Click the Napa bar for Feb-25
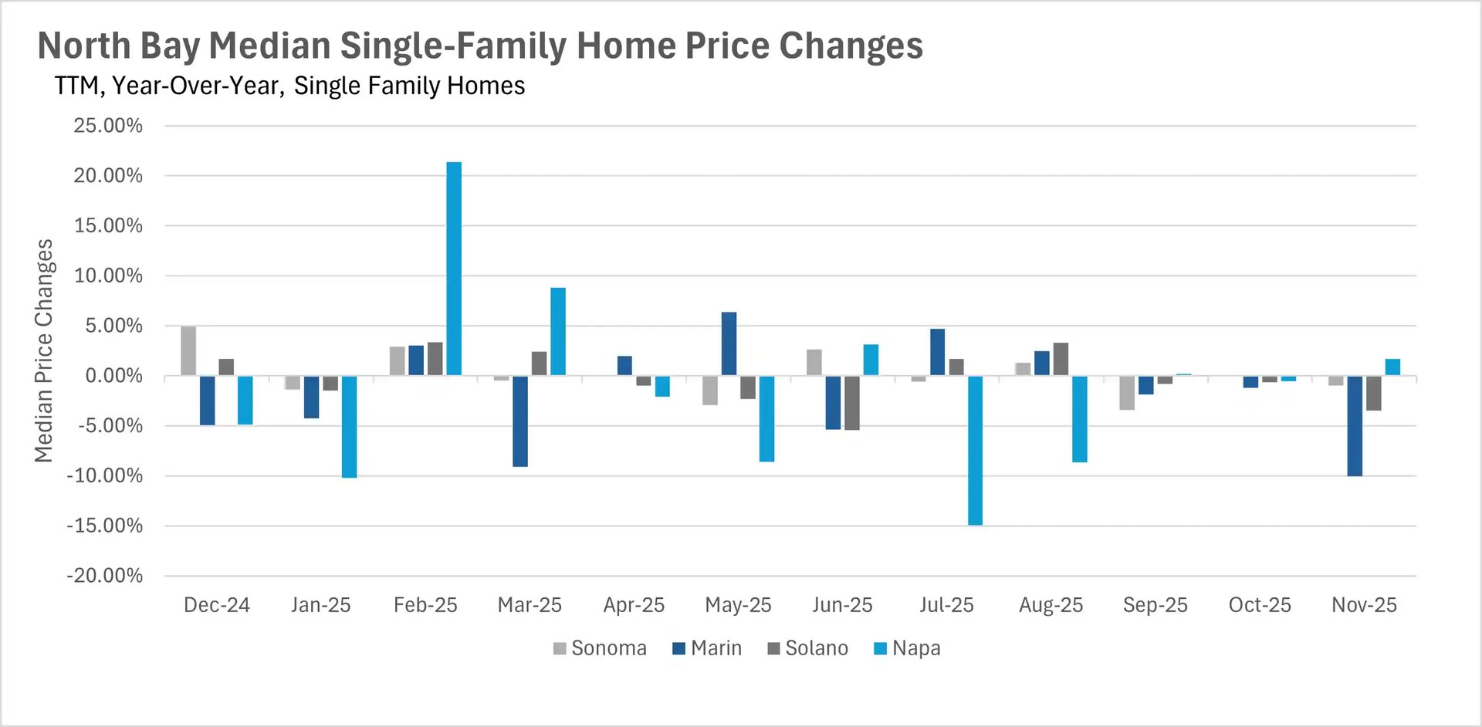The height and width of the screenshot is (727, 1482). (454, 269)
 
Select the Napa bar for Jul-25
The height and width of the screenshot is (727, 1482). (975, 450)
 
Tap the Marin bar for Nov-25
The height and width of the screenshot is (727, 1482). (1355, 425)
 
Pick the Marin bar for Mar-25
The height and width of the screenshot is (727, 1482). (520, 421)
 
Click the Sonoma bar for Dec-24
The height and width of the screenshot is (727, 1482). (188, 351)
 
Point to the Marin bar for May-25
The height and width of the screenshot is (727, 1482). (729, 344)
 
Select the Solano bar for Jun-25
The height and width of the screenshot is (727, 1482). (852, 402)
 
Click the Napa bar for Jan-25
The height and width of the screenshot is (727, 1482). (349, 427)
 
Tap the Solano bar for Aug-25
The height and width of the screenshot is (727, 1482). (1061, 359)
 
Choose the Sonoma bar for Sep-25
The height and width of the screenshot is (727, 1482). (1127, 392)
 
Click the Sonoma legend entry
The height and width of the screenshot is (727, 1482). (600, 648)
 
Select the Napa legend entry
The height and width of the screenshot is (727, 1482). (907, 648)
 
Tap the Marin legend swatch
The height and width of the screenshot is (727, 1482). (679, 648)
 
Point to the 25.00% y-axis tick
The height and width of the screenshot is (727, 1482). (108, 126)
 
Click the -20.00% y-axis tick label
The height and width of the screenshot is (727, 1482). (105, 576)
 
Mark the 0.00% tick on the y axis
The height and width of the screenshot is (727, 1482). (113, 376)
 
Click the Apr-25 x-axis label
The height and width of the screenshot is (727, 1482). (634, 605)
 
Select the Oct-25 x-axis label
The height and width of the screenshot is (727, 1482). (1260, 605)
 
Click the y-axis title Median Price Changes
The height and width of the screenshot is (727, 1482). (44, 350)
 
